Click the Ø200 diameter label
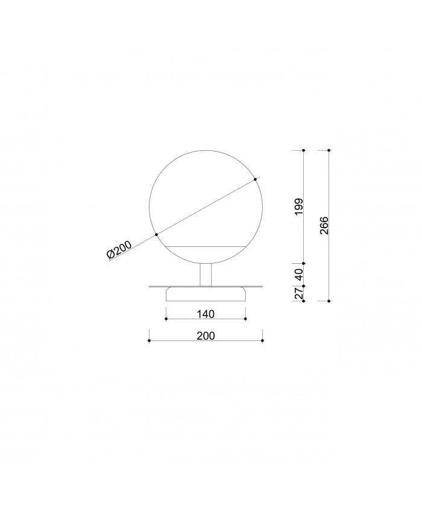coord(119,250)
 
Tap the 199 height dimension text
coord(299,207)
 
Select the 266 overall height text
coord(324,225)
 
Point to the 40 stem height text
coord(299,275)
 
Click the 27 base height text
coord(299,293)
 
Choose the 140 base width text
coord(206,314)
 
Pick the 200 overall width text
coord(206,336)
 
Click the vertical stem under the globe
coord(206,275)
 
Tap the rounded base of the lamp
coord(206,294)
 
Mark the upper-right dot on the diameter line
coord(255,179)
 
